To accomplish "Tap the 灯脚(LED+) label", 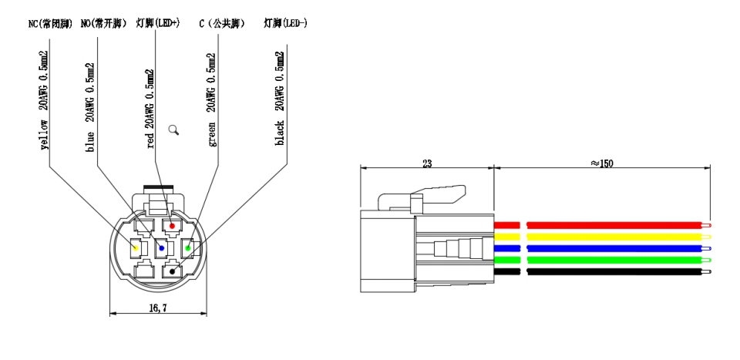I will click(157, 23).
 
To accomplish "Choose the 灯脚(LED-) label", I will click(286, 23).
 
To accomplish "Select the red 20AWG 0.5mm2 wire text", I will click(151, 108).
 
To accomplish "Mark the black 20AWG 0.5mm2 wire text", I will click(281, 100).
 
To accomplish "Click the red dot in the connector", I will click(173, 225).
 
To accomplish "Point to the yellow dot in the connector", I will click(136, 248).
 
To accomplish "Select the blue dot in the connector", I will click(160, 248).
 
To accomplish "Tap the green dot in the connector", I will click(188, 248).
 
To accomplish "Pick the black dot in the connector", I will click(171, 271).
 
